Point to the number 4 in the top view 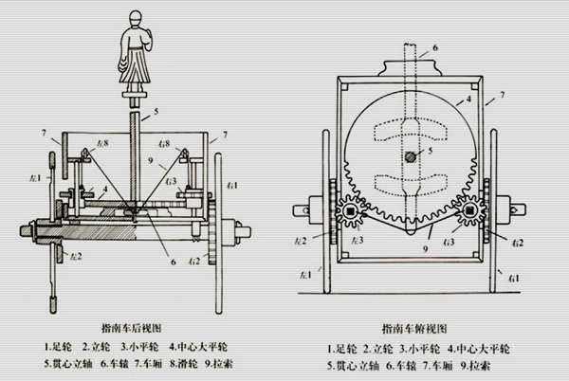click(468, 99)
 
